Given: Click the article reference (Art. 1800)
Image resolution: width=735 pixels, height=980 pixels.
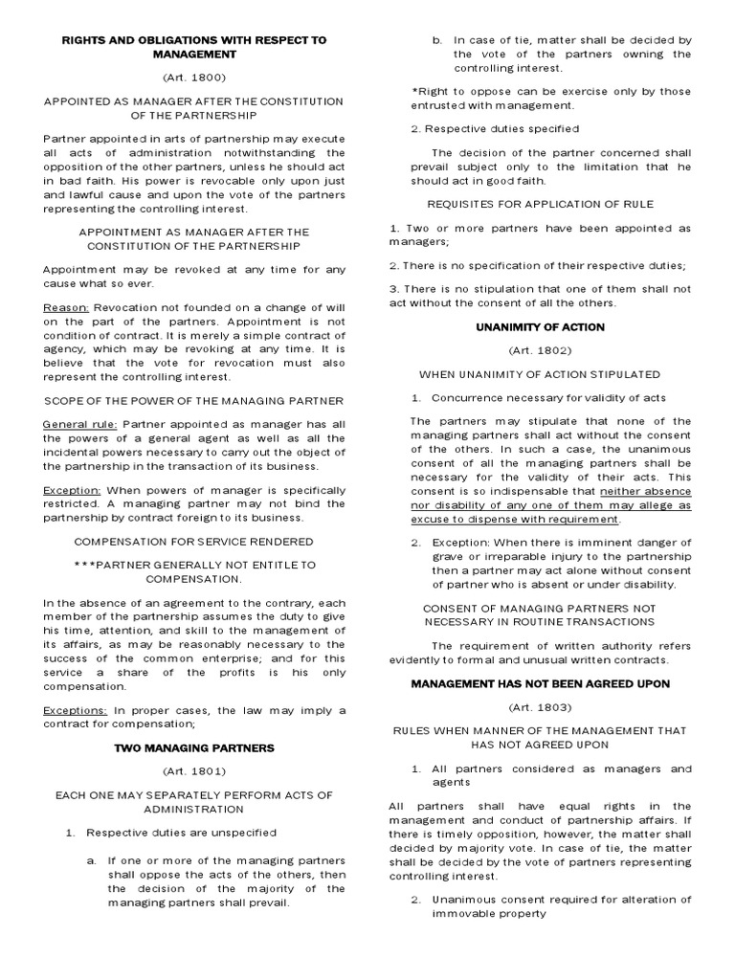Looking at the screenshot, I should (x=194, y=76).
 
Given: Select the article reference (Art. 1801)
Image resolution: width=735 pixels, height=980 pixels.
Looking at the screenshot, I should (x=194, y=769).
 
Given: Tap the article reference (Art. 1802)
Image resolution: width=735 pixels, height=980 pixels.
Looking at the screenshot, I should (x=541, y=350).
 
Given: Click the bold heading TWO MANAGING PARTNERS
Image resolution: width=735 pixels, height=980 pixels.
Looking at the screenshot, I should (x=194, y=746).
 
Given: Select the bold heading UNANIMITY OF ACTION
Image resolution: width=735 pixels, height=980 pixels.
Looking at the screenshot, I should (x=541, y=327).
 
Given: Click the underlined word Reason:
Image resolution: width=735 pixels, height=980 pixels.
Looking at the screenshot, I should (x=66, y=308).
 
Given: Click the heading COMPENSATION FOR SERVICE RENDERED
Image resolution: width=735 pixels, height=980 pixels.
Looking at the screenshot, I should (x=194, y=541).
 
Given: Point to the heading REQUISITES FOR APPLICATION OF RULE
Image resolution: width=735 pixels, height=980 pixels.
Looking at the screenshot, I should (x=541, y=204).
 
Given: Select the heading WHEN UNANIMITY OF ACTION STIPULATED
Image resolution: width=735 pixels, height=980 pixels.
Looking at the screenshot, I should (x=541, y=373).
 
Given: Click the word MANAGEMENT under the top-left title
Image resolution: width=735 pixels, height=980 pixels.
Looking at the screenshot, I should (x=194, y=55).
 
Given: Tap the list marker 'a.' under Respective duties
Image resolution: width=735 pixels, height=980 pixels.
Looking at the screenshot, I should (x=91, y=860).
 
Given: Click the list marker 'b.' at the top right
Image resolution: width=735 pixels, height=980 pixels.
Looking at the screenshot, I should (x=436, y=40).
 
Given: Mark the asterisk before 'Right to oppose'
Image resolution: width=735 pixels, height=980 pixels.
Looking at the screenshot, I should (x=413, y=92).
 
